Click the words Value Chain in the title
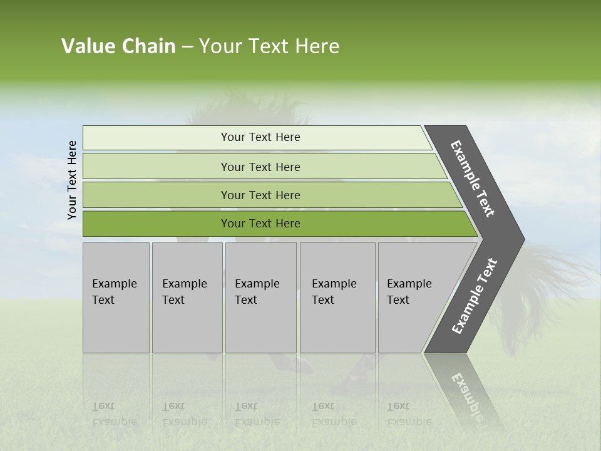[x=118, y=46]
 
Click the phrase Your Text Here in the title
[x=269, y=46]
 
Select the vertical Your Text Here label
[x=72, y=180]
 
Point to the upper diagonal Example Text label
[x=473, y=179]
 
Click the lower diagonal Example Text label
[x=475, y=296]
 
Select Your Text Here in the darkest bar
[x=260, y=224]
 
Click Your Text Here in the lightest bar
[x=260, y=137]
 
